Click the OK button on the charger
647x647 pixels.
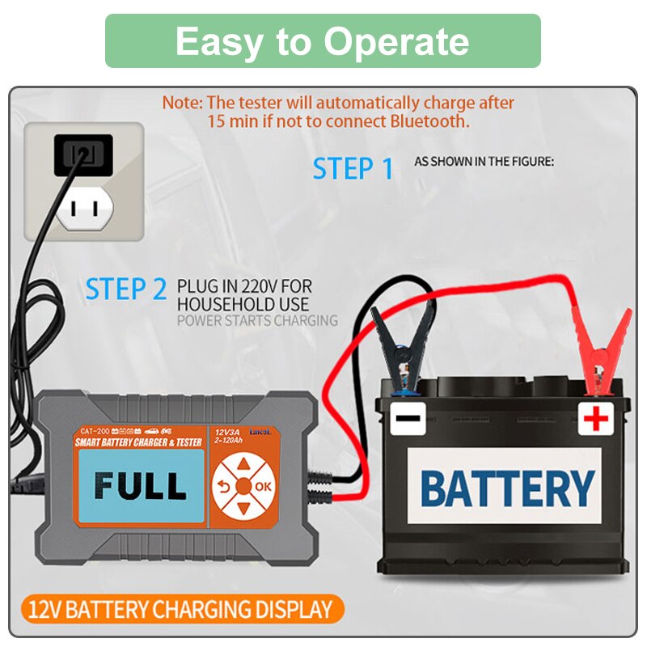(264, 486)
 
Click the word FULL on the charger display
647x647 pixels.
(140, 485)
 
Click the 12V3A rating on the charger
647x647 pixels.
(227, 431)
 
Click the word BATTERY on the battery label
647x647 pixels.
(507, 488)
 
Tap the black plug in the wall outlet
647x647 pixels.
(82, 154)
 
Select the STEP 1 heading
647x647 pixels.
(353, 169)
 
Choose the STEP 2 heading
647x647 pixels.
(126, 289)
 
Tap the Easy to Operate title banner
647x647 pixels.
(323, 41)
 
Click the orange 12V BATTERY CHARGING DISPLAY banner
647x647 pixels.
(180, 609)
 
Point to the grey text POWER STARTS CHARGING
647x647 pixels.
(257, 320)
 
